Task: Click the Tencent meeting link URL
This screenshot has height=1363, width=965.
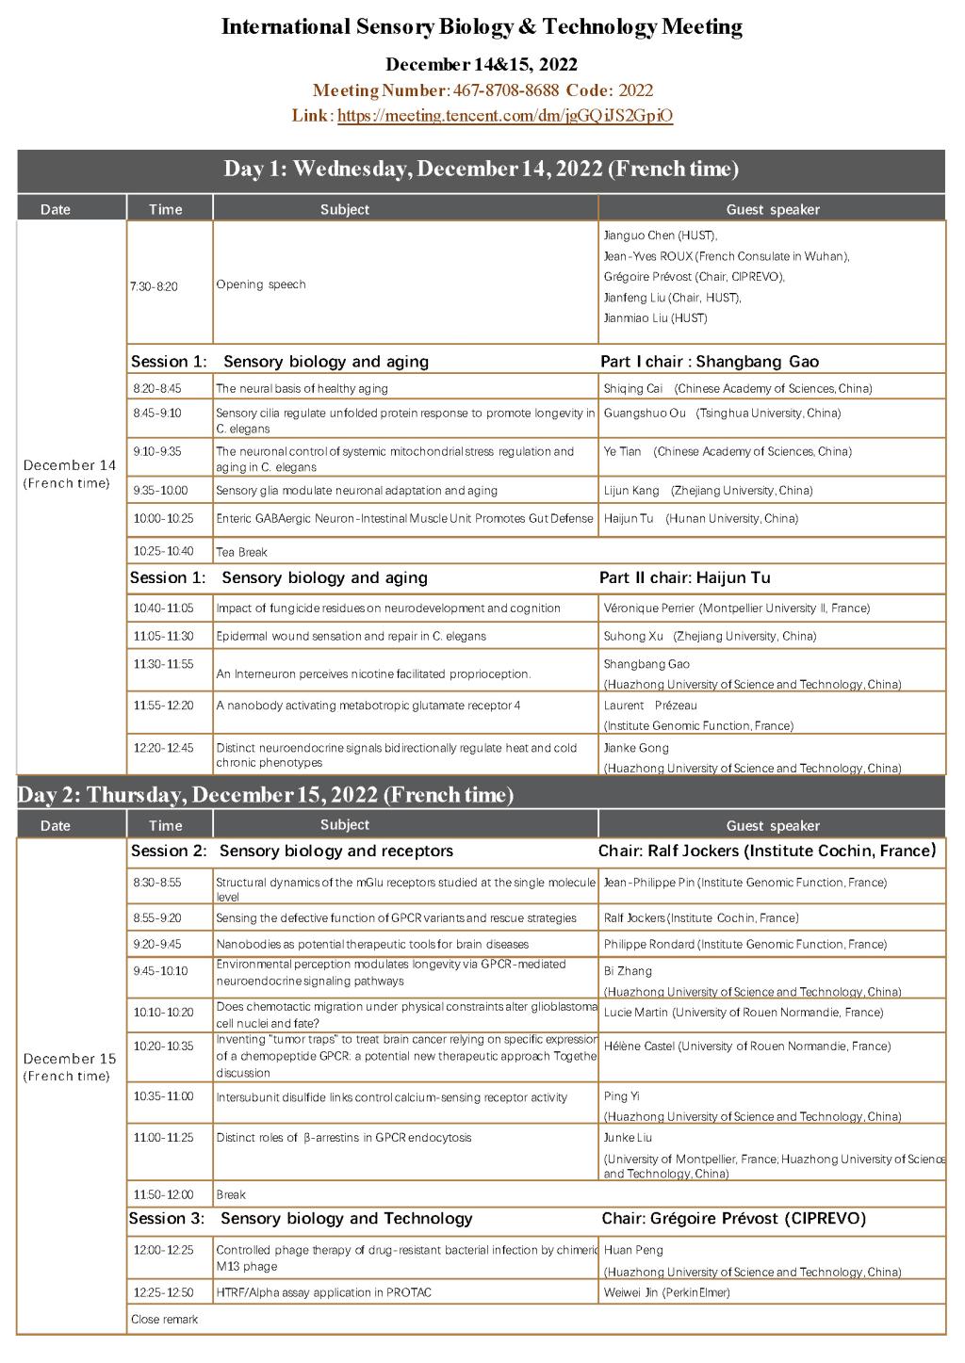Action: point(505,116)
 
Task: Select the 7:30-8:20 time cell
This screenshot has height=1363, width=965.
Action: point(155,286)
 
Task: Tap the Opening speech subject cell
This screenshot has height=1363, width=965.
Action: point(261,284)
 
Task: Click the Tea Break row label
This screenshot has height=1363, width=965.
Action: point(241,552)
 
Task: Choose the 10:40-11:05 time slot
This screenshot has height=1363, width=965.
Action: point(163,608)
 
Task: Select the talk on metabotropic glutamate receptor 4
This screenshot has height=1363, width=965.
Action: point(368,706)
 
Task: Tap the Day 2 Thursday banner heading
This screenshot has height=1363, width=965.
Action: point(266,795)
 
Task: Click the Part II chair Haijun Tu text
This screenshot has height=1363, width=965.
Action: point(685,577)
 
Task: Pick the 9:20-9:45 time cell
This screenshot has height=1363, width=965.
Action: point(157,944)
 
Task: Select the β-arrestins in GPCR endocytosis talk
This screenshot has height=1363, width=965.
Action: point(343,1138)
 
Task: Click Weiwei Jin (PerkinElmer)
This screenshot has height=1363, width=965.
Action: point(666,1292)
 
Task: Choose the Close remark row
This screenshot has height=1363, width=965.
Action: point(165,1320)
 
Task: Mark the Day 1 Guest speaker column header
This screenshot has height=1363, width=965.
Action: point(773,209)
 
